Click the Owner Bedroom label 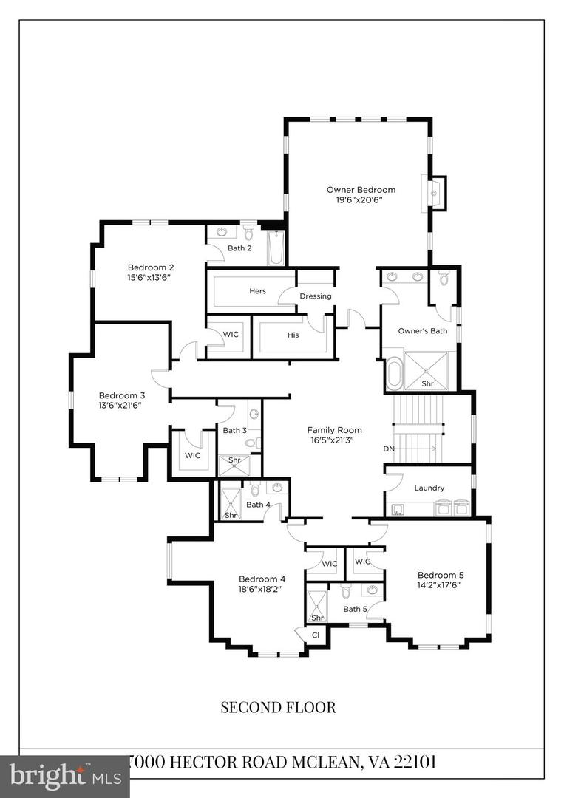click(361, 190)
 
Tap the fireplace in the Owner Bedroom click(435, 194)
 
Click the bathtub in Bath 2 click(276, 248)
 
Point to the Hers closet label click(257, 291)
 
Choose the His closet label click(293, 335)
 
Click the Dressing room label click(316, 296)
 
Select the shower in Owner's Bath click(427, 370)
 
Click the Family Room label click(335, 430)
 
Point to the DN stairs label click(389, 449)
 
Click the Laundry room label click(429, 488)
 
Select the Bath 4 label click(258, 505)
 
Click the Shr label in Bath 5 click(318, 618)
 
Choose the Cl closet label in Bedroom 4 click(315, 635)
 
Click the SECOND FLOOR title click(278, 707)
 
